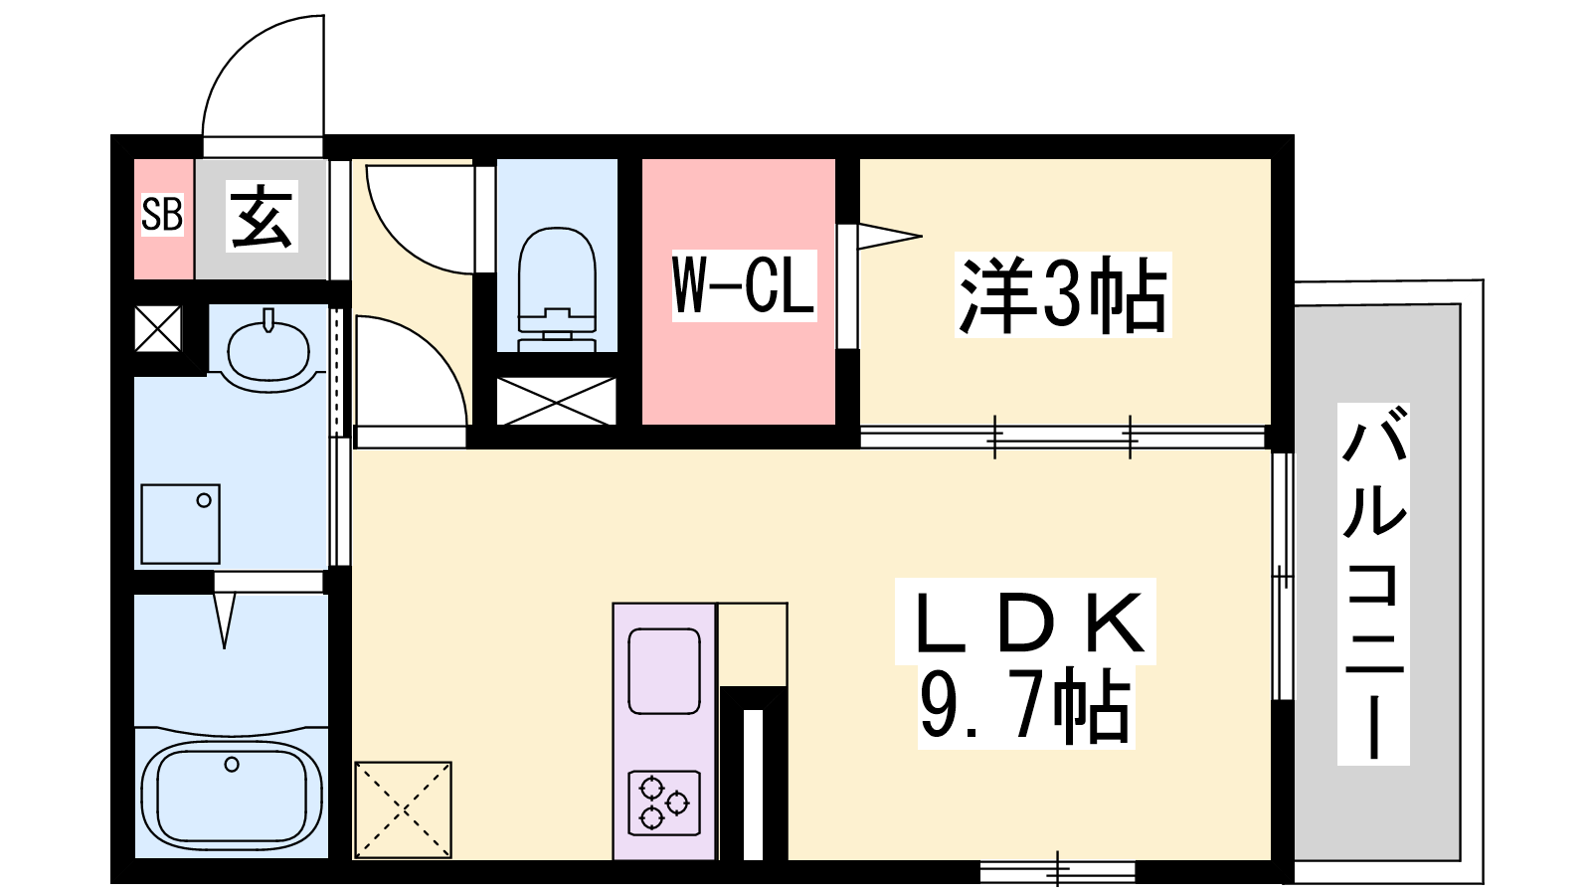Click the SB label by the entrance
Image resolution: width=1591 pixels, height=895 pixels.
162,214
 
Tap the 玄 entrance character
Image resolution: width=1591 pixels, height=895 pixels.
262,216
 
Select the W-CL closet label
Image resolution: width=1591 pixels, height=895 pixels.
744,285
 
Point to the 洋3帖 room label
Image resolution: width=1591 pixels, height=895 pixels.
1063,294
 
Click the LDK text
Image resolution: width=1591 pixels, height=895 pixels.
1025,623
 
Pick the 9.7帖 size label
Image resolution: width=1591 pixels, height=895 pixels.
1025,707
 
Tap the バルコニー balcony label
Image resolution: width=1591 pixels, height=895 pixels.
1373,584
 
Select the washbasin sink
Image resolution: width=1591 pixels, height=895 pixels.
268,349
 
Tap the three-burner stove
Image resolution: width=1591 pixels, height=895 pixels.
665,803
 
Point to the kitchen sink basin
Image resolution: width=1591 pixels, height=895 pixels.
665,671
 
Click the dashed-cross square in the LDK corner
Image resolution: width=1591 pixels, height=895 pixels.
403,809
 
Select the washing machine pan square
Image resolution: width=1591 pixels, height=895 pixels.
180,524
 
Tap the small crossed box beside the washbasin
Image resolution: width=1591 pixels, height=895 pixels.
158,328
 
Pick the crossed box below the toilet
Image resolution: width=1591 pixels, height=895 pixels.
556,402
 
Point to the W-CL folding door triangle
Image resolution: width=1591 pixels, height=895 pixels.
890,236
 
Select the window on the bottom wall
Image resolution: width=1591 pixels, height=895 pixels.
1058,870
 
